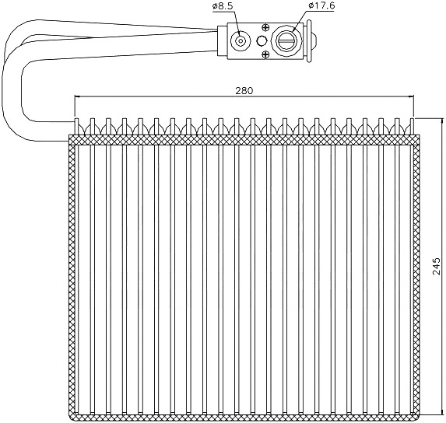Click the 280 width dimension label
click(244, 91)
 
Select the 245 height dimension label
click(437, 266)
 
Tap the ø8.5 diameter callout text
click(223, 6)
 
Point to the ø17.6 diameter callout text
click(321, 5)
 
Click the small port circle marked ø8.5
click(241, 41)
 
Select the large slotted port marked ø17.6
click(286, 41)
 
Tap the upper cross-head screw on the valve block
click(265, 28)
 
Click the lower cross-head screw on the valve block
click(265, 54)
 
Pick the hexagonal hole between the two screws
click(262, 41)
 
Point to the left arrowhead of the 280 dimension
click(78, 97)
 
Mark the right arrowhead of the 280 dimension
click(409, 97)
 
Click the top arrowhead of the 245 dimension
click(442, 122)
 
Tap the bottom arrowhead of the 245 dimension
click(442, 414)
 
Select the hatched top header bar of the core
click(244, 139)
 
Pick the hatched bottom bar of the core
click(244, 418)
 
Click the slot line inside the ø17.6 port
click(286, 41)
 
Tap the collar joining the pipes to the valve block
click(223, 41)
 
